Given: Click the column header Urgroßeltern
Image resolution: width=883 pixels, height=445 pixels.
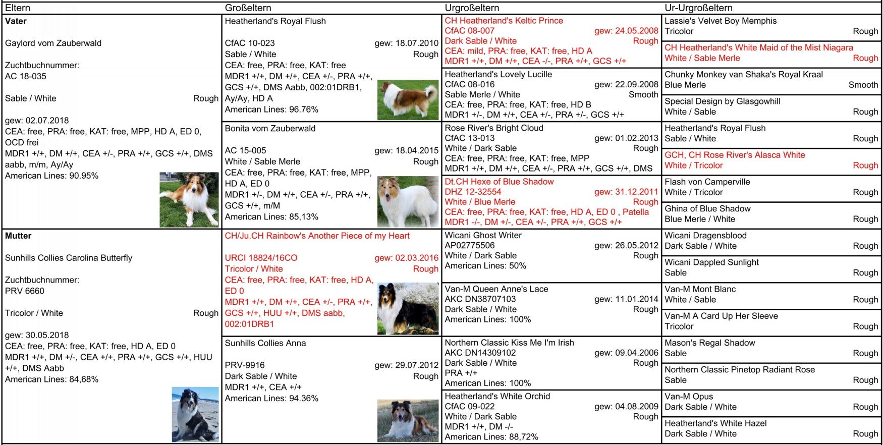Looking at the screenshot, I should click(x=472, y=8).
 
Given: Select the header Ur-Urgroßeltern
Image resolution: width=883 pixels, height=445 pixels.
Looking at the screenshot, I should click(x=698, y=8).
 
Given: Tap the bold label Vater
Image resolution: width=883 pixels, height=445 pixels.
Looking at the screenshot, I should click(x=16, y=21).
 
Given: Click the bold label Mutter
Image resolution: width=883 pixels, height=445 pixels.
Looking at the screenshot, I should click(x=18, y=236).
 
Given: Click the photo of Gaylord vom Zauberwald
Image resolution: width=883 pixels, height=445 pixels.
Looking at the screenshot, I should click(x=189, y=200).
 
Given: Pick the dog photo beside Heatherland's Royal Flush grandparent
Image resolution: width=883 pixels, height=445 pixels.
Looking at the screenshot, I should click(x=408, y=99).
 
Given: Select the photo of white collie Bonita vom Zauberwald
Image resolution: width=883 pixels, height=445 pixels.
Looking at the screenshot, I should click(x=408, y=201).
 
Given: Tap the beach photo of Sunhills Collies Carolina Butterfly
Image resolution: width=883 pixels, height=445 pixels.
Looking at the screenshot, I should click(x=195, y=414).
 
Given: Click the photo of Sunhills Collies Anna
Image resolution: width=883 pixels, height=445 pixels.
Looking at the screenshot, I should click(x=408, y=420).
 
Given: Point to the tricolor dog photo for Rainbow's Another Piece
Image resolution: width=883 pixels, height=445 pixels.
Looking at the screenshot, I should click(x=408, y=308).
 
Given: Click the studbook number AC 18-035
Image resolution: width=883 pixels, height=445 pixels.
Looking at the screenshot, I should click(x=26, y=76).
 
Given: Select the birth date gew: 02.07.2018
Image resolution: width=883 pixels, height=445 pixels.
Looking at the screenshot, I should click(x=37, y=121).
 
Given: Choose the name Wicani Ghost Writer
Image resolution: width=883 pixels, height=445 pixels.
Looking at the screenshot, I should click(x=483, y=235).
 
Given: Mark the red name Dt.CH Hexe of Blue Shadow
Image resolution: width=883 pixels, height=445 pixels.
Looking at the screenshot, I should click(x=499, y=182).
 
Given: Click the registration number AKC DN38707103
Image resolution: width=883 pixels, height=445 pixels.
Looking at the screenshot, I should click(x=480, y=299).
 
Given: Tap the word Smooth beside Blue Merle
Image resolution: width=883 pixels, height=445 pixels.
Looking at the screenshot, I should click(x=863, y=85).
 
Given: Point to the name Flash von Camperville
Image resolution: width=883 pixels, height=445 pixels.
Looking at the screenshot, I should click(x=707, y=182).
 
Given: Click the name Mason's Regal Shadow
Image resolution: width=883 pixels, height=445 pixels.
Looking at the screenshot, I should click(x=709, y=343).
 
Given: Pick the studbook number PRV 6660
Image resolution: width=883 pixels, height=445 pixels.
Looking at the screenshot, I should click(x=25, y=291).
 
